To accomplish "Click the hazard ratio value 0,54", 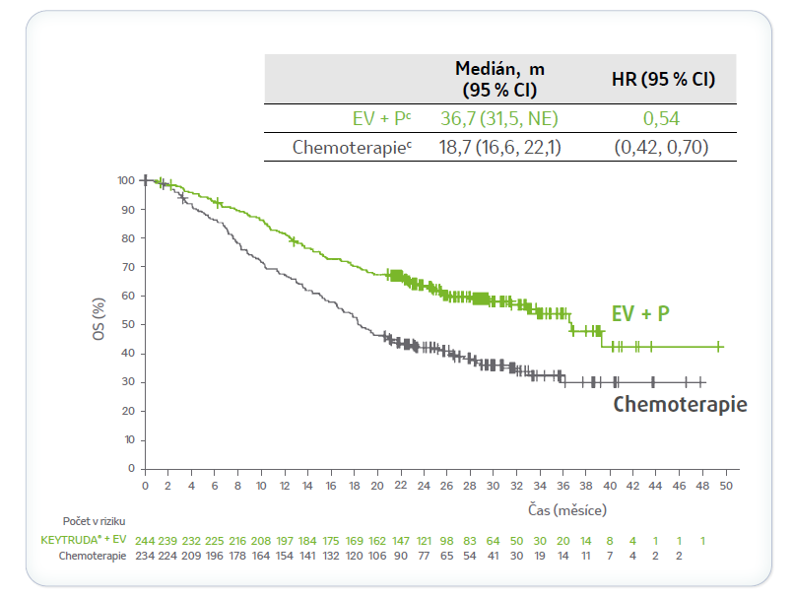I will click(x=662, y=118).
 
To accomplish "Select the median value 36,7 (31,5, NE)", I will click(x=499, y=118).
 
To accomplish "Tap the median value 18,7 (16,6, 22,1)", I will click(x=499, y=148).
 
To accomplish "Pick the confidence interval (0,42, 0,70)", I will click(x=662, y=148).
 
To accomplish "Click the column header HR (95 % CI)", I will click(x=663, y=79).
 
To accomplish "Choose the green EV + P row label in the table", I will click(x=380, y=118).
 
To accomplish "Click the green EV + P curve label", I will click(x=640, y=314).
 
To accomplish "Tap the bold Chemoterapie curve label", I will click(x=680, y=404).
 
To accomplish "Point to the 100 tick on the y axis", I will click(x=125, y=180).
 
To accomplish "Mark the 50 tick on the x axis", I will click(x=726, y=487).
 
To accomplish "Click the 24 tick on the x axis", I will click(x=424, y=487).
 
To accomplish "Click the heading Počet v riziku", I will click(x=94, y=520).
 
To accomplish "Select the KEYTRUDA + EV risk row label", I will click(x=85, y=540).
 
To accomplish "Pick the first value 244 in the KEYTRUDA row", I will click(x=145, y=540).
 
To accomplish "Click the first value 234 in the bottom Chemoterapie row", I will click(x=145, y=557).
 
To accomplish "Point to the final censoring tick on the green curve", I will click(x=719, y=347).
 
